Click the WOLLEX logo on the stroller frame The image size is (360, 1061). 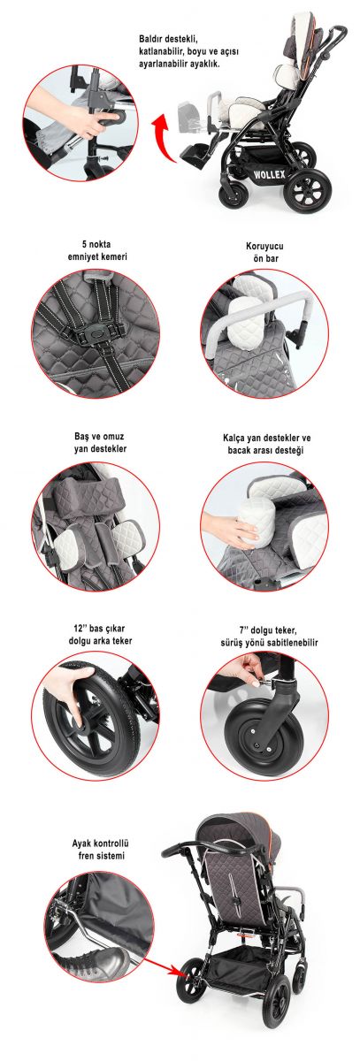[270, 174]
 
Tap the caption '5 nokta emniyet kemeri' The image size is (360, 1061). [96, 250]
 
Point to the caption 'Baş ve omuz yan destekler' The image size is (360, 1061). [100, 442]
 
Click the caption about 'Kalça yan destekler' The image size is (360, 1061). [267, 444]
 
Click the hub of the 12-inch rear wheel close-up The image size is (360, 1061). [83, 729]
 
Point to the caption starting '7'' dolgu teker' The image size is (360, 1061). [269, 636]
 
